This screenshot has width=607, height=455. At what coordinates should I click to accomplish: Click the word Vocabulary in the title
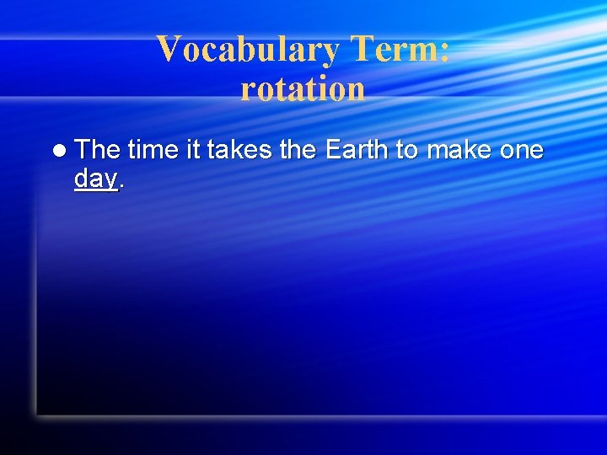pyautogui.click(x=246, y=50)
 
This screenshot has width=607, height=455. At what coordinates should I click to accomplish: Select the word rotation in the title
pyautogui.click(x=303, y=88)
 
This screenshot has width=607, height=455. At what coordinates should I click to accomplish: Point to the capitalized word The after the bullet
pyautogui.click(x=98, y=150)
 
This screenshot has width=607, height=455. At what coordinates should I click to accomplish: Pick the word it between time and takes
pyautogui.click(x=191, y=150)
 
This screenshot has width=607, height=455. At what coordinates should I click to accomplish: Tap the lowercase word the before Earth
pyautogui.click(x=295, y=150)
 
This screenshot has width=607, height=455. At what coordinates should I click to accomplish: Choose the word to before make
pyautogui.click(x=407, y=150)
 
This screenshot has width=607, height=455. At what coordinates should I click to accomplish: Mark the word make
pyautogui.click(x=460, y=150)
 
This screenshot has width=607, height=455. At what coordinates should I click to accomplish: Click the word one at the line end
pyautogui.click(x=522, y=151)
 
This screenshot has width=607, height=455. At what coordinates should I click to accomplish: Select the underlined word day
pyautogui.click(x=95, y=179)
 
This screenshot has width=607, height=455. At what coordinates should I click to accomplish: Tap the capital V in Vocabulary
pyautogui.click(x=167, y=50)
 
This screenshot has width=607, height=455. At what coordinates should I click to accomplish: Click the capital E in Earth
pyautogui.click(x=332, y=150)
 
